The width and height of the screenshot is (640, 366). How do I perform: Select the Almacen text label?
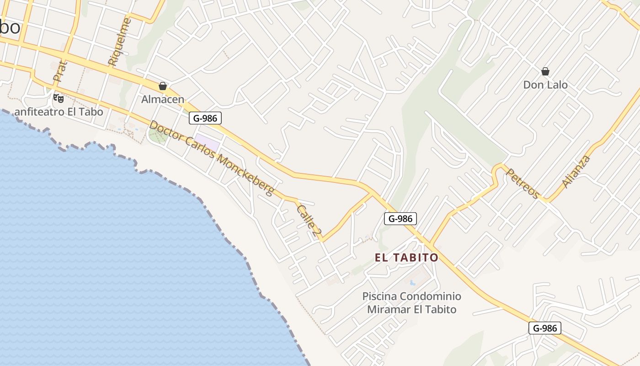click(163, 99)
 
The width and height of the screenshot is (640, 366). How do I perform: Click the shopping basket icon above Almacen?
click(162, 86)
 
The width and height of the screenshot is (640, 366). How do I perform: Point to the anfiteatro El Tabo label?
click(59, 112)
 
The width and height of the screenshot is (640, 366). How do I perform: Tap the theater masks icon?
click(58, 98)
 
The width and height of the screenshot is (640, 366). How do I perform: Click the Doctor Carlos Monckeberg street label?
click(212, 158)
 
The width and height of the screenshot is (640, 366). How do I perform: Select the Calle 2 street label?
click(308, 221)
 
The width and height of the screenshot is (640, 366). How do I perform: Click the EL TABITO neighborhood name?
click(406, 258)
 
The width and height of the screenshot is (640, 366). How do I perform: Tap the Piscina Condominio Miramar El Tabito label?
click(411, 303)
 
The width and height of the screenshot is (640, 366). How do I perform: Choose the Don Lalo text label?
click(545, 85)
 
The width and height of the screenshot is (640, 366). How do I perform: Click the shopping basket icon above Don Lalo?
click(545, 71)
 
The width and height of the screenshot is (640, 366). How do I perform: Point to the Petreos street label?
click(523, 183)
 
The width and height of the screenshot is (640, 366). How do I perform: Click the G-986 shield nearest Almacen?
click(205, 118)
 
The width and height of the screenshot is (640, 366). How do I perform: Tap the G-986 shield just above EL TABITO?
click(400, 219)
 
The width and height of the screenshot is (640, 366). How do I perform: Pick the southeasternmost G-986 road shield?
click(544, 328)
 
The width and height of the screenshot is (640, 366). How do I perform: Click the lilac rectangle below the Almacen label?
click(207, 142)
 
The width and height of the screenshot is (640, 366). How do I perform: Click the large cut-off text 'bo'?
click(10, 27)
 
